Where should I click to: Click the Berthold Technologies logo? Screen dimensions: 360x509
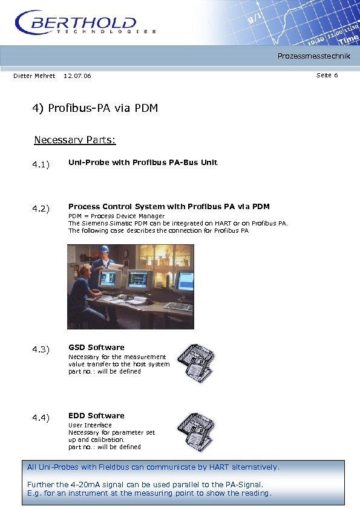pyautogui.click(x=85, y=23)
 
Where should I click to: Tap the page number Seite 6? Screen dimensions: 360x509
pyautogui.click(x=327, y=75)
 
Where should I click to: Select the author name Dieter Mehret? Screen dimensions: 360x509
pyautogui.click(x=34, y=76)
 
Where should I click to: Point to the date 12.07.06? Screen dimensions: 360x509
pyautogui.click(x=77, y=76)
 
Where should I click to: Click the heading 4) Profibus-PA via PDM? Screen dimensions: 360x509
pyautogui.click(x=95, y=108)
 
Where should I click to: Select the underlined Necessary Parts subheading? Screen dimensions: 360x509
pyautogui.click(x=74, y=140)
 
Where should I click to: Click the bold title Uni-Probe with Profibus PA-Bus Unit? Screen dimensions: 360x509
pyautogui.click(x=143, y=163)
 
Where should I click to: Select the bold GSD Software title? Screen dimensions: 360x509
pyautogui.click(x=96, y=348)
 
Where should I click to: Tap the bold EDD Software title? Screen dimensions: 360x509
pyautogui.click(x=96, y=416)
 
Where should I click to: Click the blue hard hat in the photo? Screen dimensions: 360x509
pyautogui.click(x=104, y=249)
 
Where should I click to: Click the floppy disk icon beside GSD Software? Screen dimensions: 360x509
pyautogui.click(x=193, y=363)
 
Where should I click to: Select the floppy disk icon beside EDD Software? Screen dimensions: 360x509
pyautogui.click(x=193, y=431)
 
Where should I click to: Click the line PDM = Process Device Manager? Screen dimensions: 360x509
pyautogui.click(x=116, y=216)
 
